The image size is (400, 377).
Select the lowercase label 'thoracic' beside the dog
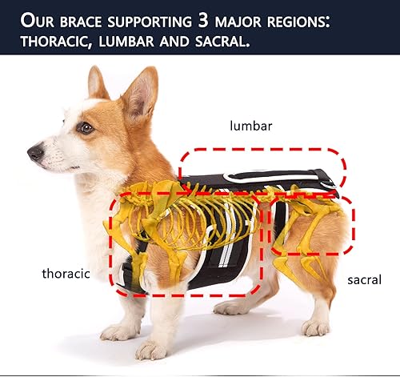pos(65,273)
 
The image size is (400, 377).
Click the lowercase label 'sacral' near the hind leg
pos(364,279)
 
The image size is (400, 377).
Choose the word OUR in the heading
pos(40,19)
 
